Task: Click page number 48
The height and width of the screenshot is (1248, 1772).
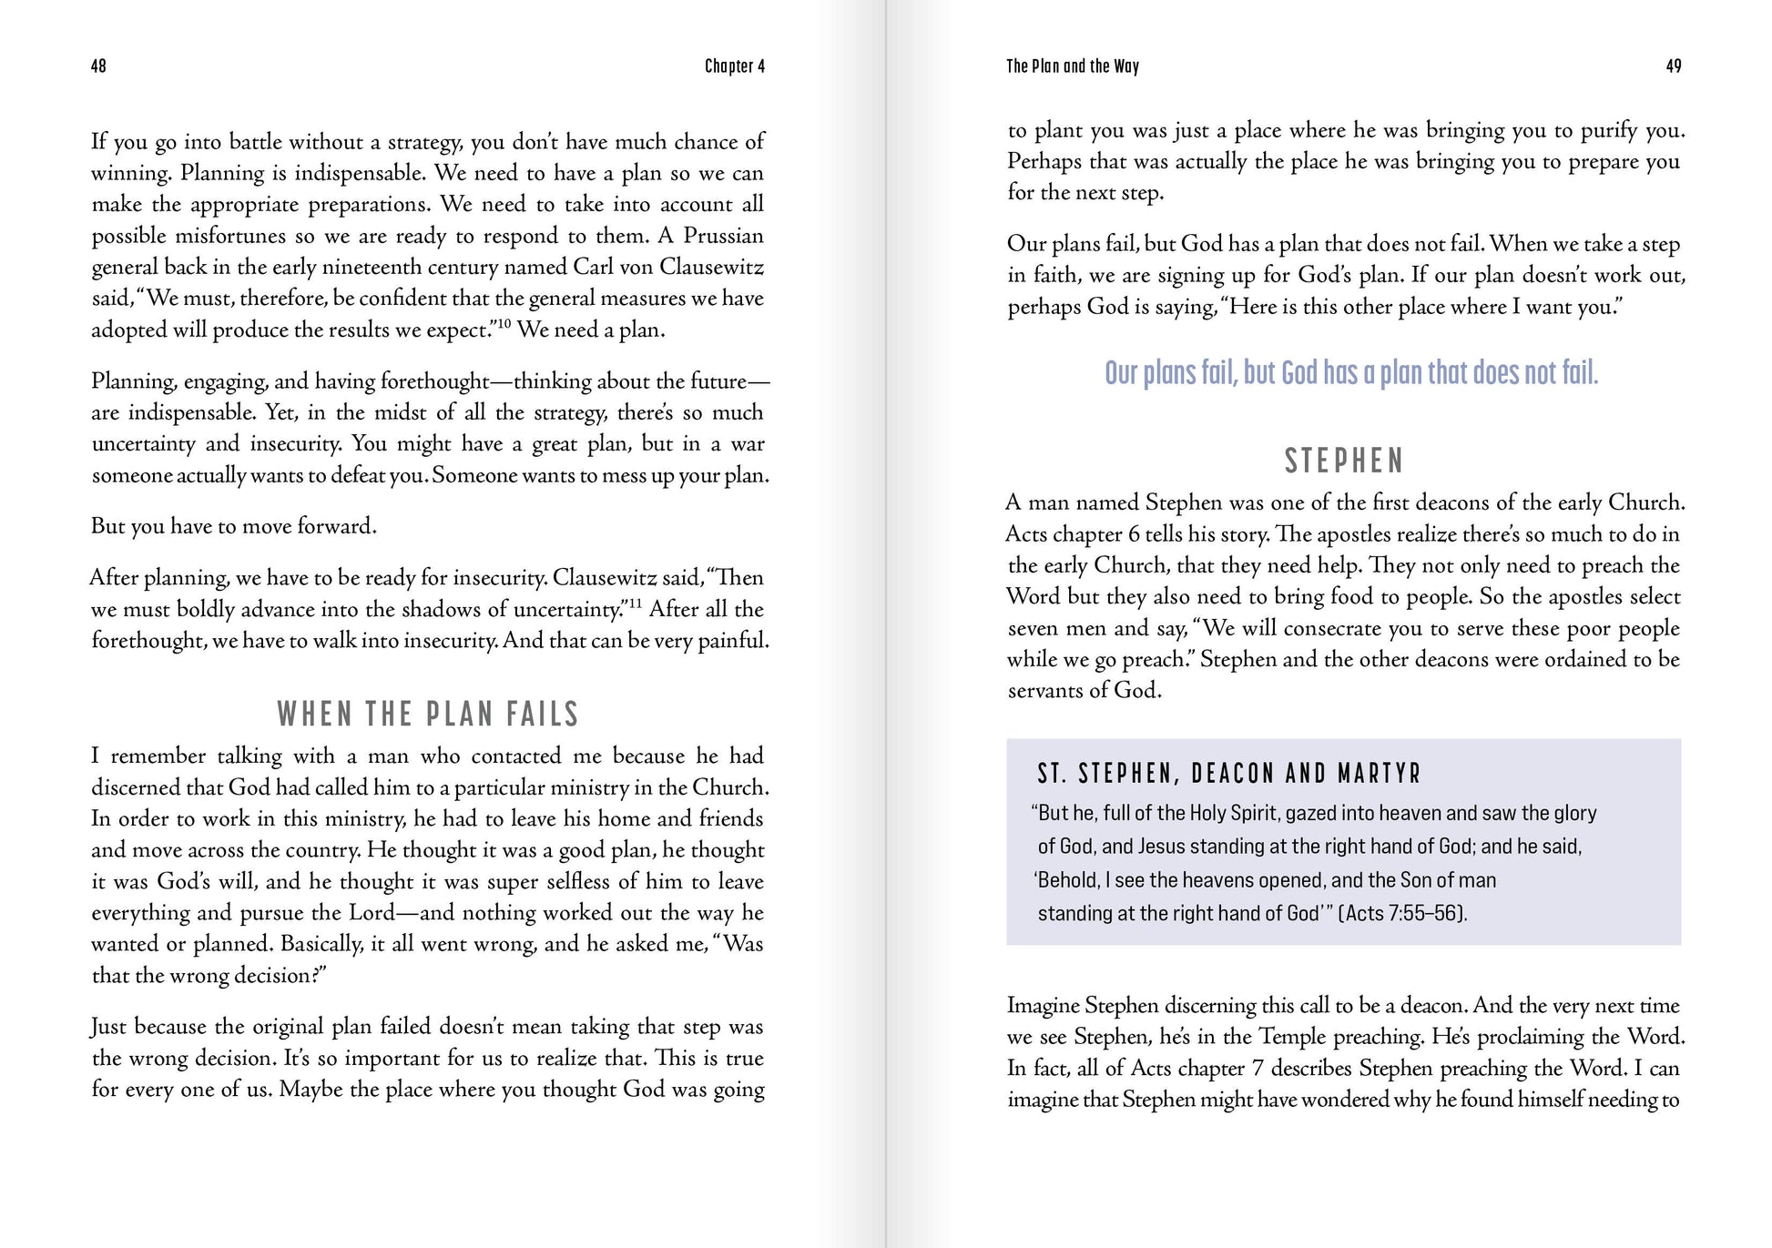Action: coord(98,66)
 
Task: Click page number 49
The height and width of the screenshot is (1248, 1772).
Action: coord(1673,66)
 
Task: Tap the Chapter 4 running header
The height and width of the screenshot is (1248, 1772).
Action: coord(734,66)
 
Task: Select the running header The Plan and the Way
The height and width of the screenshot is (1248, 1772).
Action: coord(1072,66)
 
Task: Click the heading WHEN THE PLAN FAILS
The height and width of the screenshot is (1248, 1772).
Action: coord(428,714)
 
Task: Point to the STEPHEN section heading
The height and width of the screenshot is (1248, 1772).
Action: coord(1344,462)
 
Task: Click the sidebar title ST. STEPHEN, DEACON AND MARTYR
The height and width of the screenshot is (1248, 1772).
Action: coord(1229,774)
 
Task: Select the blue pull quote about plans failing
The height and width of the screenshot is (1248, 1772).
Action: coord(1351,373)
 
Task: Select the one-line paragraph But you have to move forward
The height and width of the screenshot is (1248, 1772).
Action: coord(234,526)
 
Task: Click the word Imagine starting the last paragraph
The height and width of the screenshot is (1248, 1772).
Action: coord(1044,1006)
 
